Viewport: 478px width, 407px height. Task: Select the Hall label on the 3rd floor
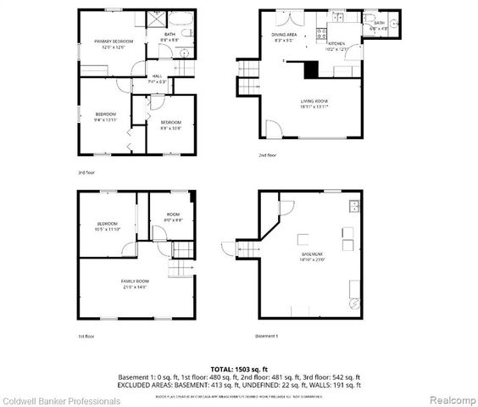pyautogui.click(x=157, y=78)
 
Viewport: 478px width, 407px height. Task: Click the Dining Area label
pyautogui.click(x=284, y=36)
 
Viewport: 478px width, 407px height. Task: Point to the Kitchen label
pyautogui.click(x=336, y=43)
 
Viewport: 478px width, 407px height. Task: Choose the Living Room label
pyautogui.click(x=314, y=103)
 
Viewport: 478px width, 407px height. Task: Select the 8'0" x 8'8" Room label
pyautogui.click(x=173, y=218)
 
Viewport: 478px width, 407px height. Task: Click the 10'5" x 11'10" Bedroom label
pyautogui.click(x=108, y=226)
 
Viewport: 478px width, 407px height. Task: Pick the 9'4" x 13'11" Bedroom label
pyautogui.click(x=106, y=116)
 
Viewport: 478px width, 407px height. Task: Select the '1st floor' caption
pyautogui.click(x=86, y=337)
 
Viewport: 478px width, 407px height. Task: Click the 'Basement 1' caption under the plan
pyautogui.click(x=268, y=337)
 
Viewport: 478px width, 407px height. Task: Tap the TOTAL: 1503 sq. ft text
pyautogui.click(x=238, y=369)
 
